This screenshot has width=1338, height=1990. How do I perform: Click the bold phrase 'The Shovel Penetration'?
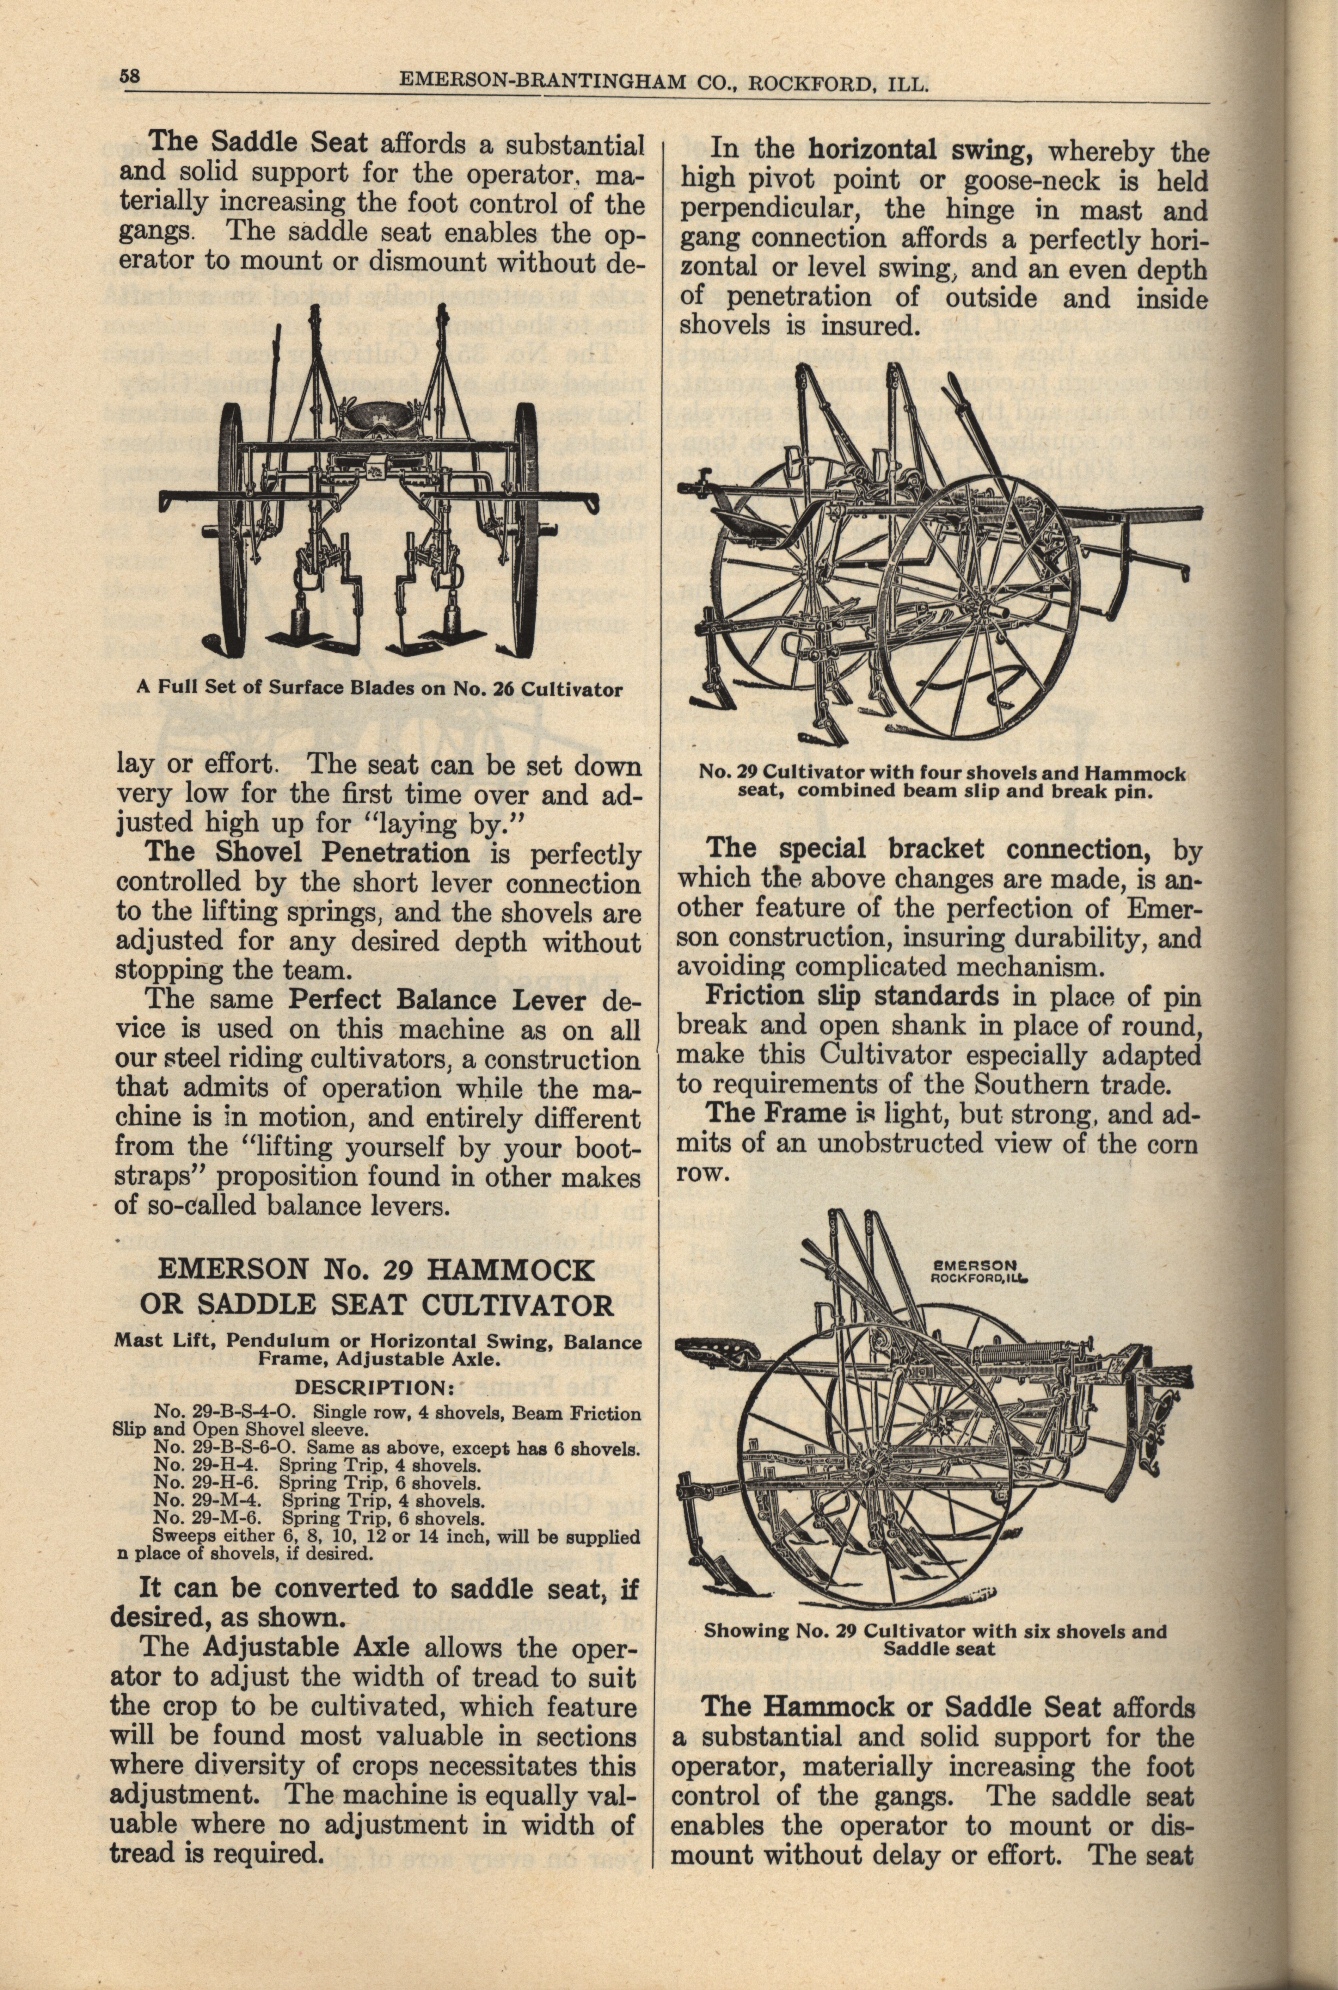point(307,853)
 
